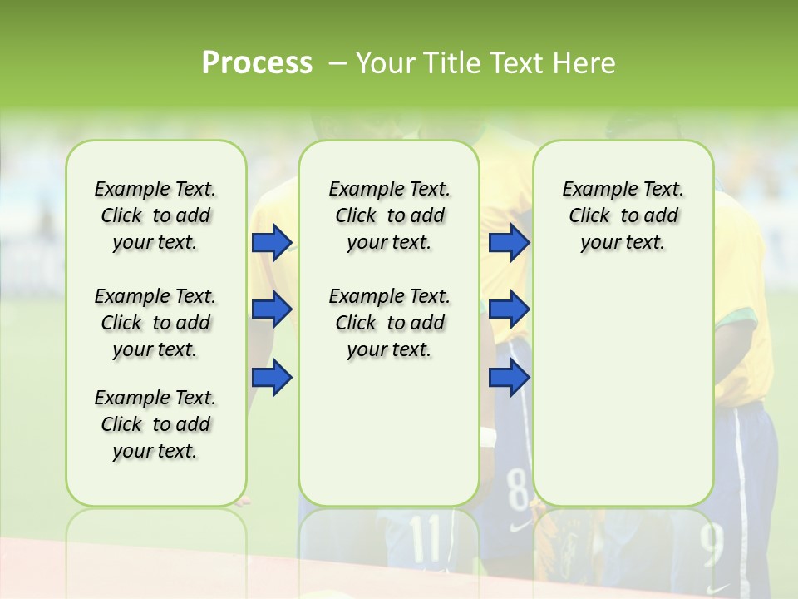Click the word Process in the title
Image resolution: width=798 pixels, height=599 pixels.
pyautogui.click(x=257, y=63)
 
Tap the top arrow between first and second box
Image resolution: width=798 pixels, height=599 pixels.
pyautogui.click(x=272, y=242)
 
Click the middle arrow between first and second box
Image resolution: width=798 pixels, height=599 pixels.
pyautogui.click(x=272, y=309)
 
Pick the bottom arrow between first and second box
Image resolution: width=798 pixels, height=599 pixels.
pyautogui.click(x=272, y=377)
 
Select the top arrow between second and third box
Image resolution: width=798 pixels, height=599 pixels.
pyautogui.click(x=509, y=242)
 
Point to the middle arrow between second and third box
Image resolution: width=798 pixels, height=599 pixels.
pyautogui.click(x=509, y=309)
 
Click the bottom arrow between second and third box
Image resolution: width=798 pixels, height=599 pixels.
pyautogui.click(x=509, y=377)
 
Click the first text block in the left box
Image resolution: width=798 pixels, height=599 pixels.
pyautogui.click(x=155, y=215)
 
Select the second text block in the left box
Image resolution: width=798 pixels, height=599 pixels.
pyautogui.click(x=155, y=323)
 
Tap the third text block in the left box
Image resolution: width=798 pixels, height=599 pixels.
pyautogui.click(x=155, y=424)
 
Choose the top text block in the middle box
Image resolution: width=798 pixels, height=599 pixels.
pyautogui.click(x=389, y=215)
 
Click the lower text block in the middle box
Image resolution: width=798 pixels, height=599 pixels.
pyautogui.click(x=389, y=323)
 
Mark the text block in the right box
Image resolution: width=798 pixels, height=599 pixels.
pyautogui.click(x=623, y=215)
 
